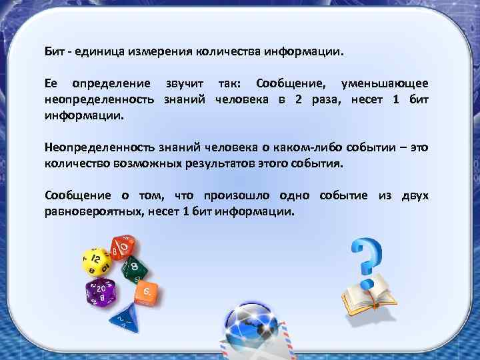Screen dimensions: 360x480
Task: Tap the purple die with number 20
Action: pyautogui.click(x=101, y=291)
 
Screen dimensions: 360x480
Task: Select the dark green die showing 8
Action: pyautogui.click(x=136, y=267)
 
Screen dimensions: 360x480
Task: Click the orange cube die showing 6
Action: pyautogui.click(x=146, y=291)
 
